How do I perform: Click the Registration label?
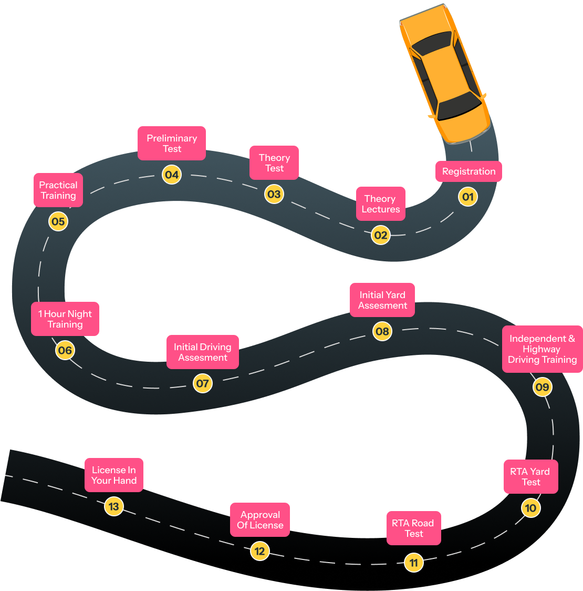469,171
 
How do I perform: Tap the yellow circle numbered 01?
467,197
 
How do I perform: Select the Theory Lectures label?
381,204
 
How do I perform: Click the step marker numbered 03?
274,194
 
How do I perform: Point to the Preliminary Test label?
172,144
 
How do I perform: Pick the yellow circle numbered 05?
58,221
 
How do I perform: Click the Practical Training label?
58,190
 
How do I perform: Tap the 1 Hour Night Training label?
65,319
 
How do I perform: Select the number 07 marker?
202,383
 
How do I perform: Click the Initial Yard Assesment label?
382,300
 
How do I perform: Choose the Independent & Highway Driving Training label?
542,349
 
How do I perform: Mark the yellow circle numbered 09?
542,388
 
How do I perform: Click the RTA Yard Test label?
530,477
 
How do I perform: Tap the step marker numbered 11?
414,563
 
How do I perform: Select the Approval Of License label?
260,520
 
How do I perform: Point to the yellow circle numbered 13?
113,507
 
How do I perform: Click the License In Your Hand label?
114,475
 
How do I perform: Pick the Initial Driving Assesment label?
203,352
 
